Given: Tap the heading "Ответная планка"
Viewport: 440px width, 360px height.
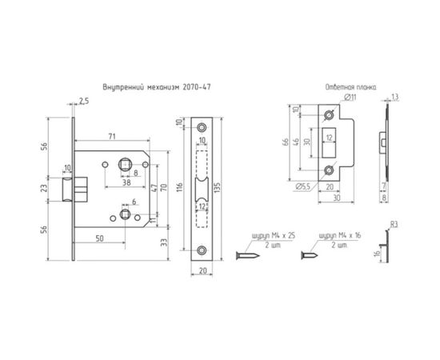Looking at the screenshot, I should tap(352, 85).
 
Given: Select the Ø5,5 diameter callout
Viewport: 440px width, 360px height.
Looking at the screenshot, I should tap(302, 186).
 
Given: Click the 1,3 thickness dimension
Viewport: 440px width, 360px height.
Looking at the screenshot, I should tap(397, 97).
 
